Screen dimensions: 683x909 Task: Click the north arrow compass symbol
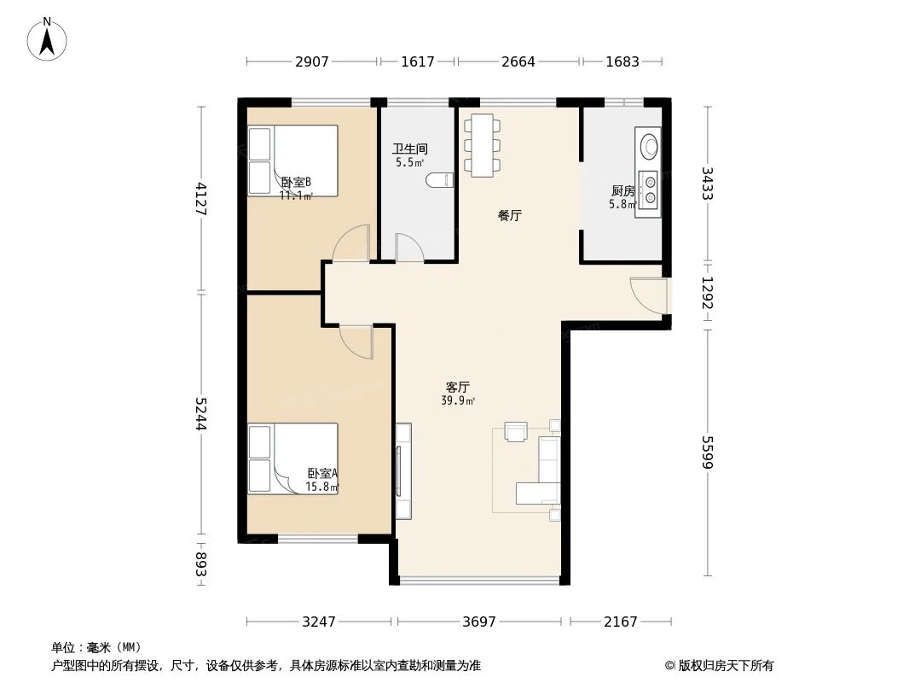click(48, 38)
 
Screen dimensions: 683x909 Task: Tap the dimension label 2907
click(311, 61)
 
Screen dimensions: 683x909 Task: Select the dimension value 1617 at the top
click(417, 61)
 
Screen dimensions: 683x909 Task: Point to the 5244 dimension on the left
click(201, 415)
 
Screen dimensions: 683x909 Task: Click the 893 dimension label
click(201, 564)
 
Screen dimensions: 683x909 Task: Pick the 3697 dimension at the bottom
click(479, 622)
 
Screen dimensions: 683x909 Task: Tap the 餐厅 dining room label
click(509, 216)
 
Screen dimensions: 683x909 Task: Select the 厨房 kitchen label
click(622, 190)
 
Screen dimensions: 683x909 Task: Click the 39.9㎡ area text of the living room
click(458, 400)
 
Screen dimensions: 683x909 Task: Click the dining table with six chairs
click(483, 145)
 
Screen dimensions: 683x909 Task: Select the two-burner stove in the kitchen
click(650, 190)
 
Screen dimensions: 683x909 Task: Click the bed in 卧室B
click(292, 161)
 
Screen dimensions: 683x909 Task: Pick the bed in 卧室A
click(292, 458)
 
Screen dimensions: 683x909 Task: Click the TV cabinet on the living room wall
click(402, 471)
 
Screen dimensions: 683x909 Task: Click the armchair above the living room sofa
click(517, 431)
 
